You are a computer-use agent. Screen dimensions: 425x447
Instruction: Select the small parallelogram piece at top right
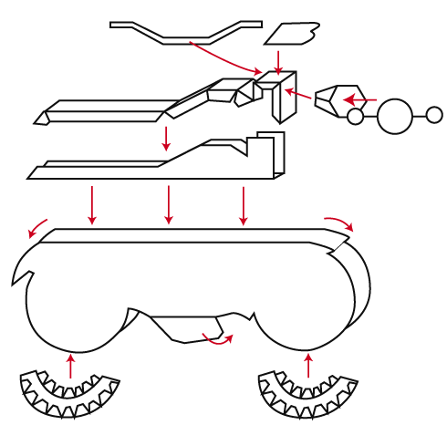coord(292,34)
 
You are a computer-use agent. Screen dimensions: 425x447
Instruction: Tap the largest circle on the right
coord(394,116)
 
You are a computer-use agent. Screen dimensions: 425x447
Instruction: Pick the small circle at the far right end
coord(434,115)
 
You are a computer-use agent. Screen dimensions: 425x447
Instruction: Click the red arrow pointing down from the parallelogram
coord(278,62)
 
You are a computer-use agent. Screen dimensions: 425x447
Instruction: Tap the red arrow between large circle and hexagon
coord(359,99)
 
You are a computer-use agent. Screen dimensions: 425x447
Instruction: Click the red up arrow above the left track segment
coord(71,365)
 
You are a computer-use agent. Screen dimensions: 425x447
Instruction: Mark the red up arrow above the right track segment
coord(308,365)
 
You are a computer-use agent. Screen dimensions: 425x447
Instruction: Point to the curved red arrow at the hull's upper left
coord(38,227)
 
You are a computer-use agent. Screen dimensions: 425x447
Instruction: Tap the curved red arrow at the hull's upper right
coord(339,223)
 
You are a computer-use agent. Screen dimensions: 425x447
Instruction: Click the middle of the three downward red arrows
coord(168,204)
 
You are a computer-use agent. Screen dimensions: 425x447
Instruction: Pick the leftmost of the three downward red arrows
coord(91,204)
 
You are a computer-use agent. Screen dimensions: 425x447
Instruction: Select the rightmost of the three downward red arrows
coord(243,204)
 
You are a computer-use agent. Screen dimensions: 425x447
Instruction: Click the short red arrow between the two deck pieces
coord(166,138)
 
